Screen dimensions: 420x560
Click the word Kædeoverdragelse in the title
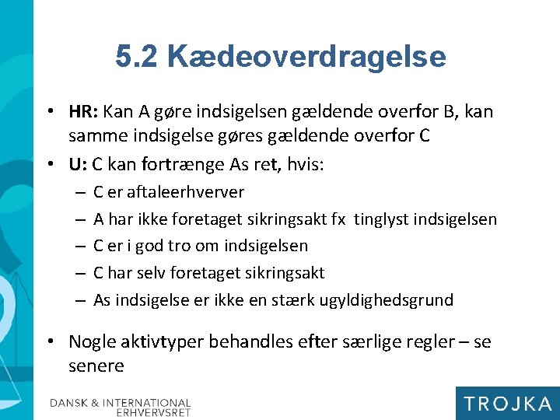click(306, 57)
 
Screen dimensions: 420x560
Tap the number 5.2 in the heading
click(136, 57)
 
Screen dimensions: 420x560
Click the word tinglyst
click(382, 219)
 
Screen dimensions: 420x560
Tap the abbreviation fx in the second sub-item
click(338, 219)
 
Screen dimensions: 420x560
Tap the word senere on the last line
click(96, 366)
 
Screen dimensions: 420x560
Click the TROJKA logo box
click(506, 403)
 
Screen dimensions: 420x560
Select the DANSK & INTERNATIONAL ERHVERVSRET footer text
click(121, 408)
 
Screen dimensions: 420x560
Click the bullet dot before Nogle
click(51, 342)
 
